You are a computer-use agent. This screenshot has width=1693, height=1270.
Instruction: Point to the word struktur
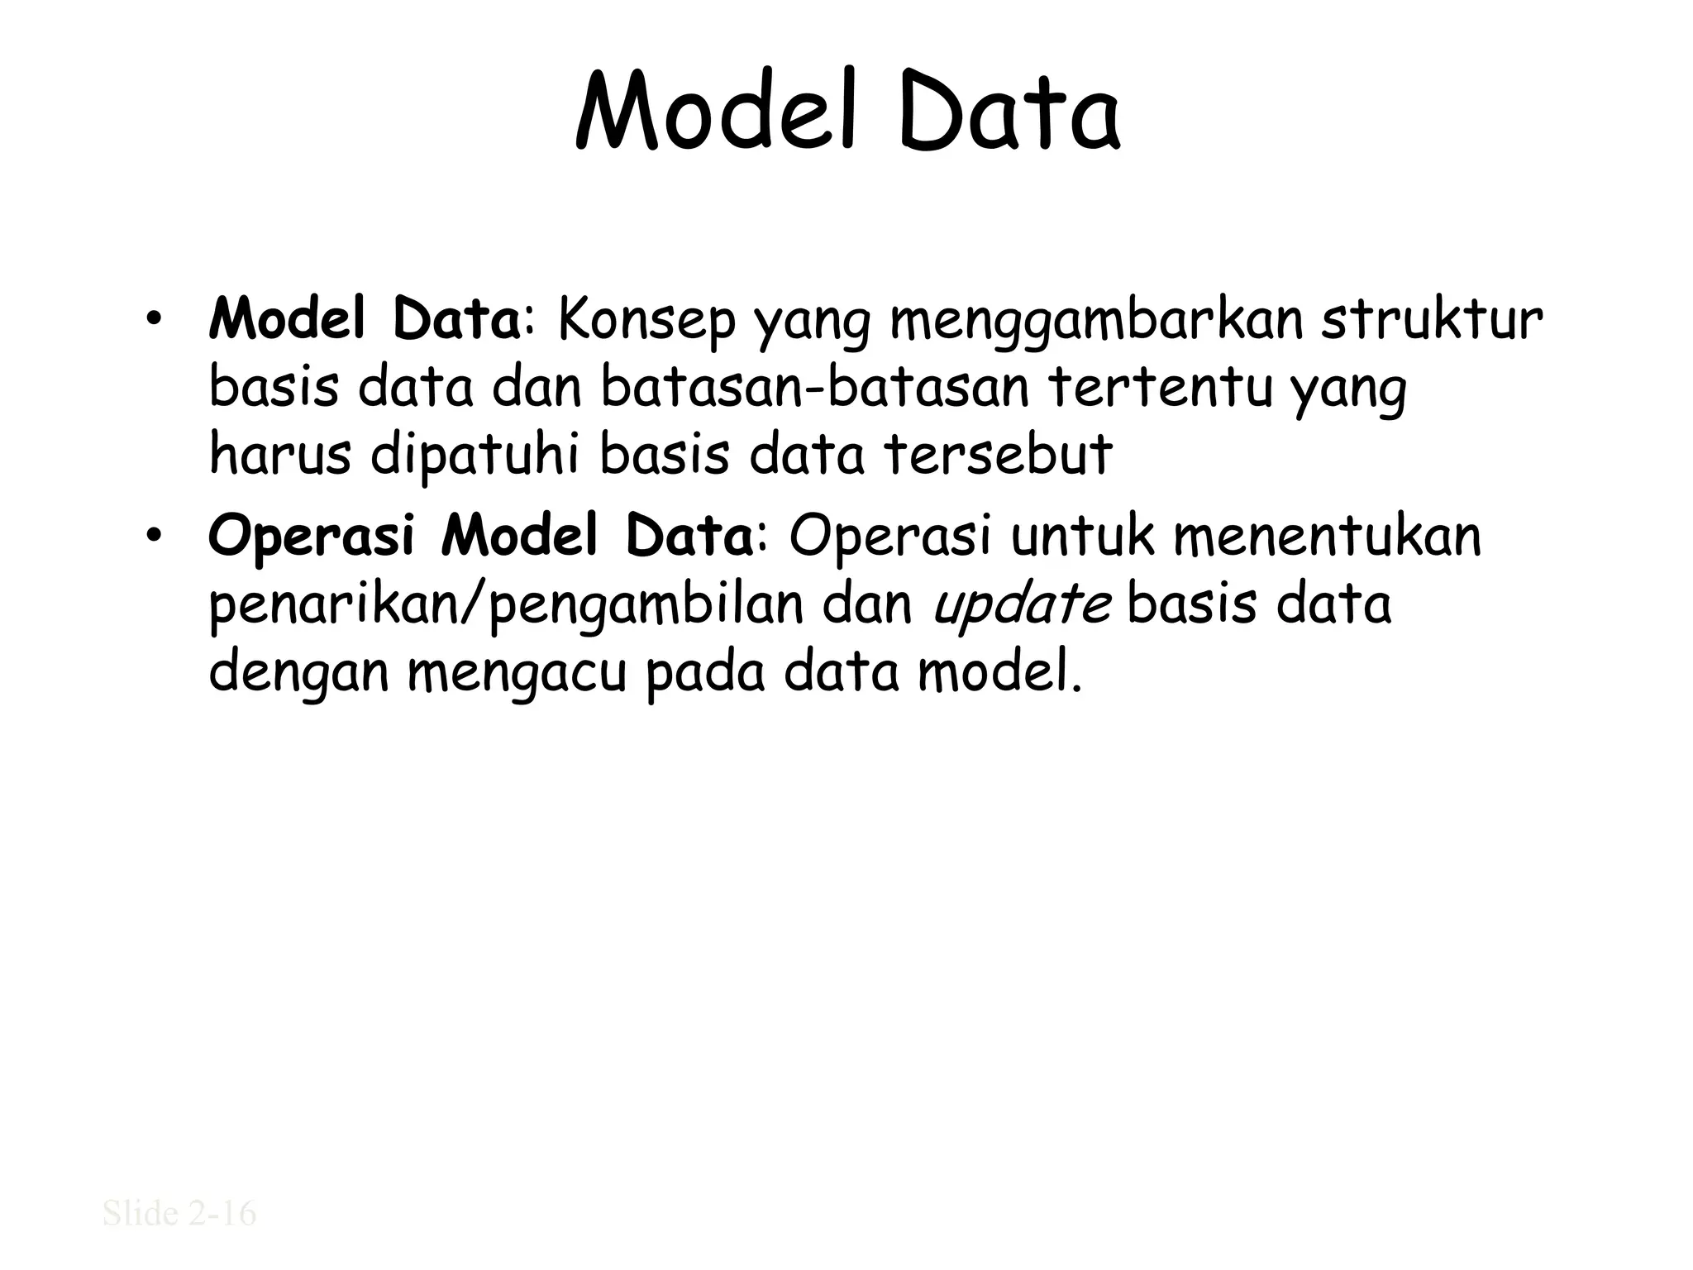(1431, 322)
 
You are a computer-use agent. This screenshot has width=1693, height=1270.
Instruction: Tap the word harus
(280, 455)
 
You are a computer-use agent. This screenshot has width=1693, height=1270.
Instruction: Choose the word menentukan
(1328, 537)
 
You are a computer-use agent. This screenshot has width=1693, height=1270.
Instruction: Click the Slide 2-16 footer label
(179, 1213)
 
